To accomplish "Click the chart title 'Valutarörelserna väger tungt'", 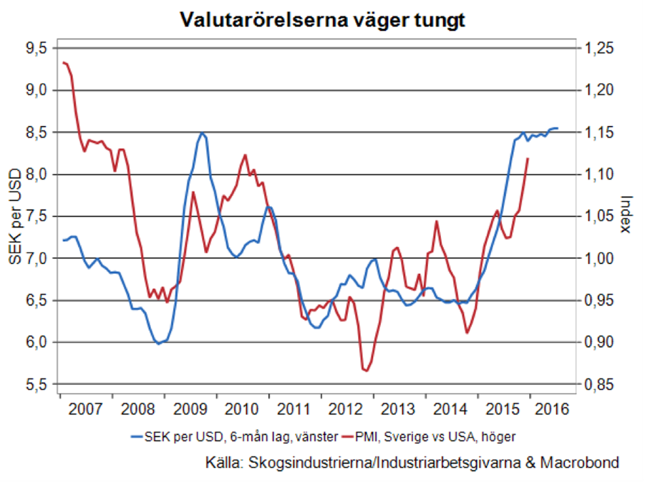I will pyautogui.click(x=322, y=21).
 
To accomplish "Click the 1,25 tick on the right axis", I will pyautogui.click(x=598, y=48).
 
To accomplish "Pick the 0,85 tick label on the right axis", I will pyautogui.click(x=598, y=384).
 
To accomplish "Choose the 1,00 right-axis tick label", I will pyautogui.click(x=598, y=258).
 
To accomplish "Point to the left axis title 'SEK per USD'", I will pyautogui.click(x=14, y=216).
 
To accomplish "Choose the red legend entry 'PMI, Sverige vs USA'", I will pyautogui.click(x=437, y=435).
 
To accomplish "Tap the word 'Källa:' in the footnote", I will pyautogui.click(x=223, y=462).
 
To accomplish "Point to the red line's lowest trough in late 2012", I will pyautogui.click(x=365, y=370).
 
